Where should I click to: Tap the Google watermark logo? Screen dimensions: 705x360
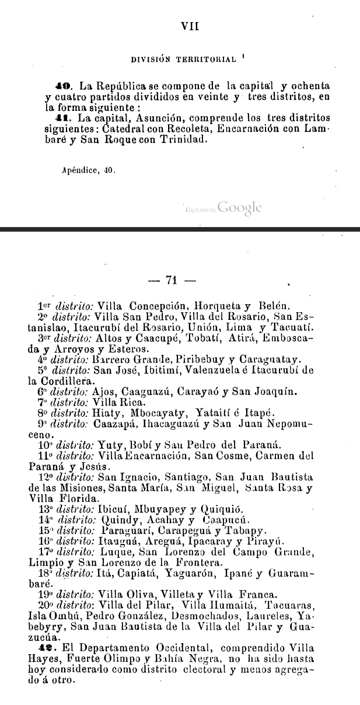tap(240, 207)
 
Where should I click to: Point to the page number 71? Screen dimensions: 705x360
tap(171, 280)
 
